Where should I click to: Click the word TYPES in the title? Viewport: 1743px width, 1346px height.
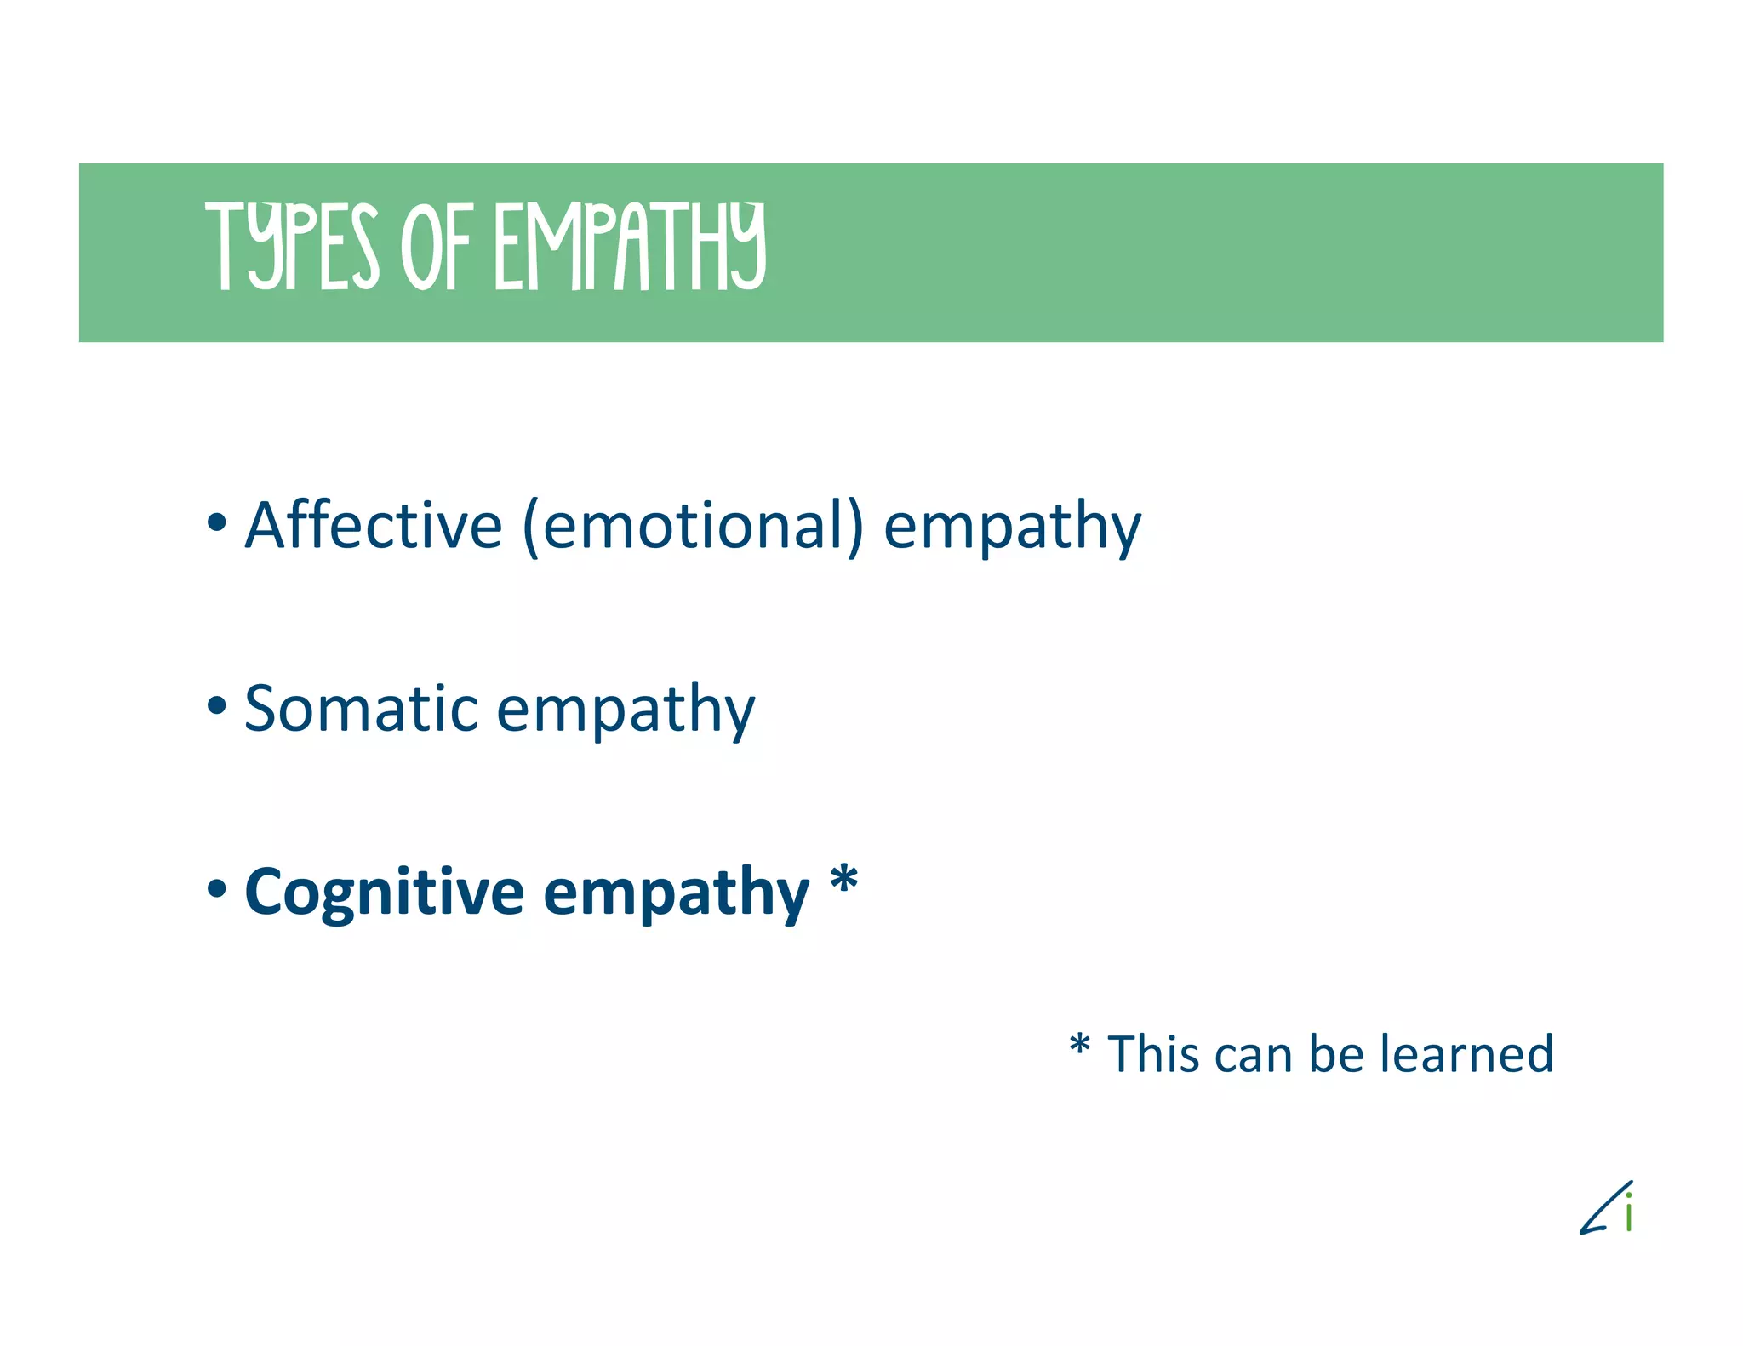coord(292,247)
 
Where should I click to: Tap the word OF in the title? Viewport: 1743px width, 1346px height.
coord(436,247)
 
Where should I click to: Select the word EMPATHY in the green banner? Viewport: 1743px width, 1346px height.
coord(631,247)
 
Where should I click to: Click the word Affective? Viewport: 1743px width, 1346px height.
coord(374,525)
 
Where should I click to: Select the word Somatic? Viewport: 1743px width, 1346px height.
coord(362,708)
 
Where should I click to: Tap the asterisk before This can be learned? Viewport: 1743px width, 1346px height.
coord(1079,1045)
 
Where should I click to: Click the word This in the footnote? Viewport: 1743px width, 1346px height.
coord(1152,1054)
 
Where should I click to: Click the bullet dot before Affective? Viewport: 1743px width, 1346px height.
coord(217,522)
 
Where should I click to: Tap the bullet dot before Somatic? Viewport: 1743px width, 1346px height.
coord(217,704)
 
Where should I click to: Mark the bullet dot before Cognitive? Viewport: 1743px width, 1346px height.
coord(217,888)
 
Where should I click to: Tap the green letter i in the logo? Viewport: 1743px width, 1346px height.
coord(1628,1212)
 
